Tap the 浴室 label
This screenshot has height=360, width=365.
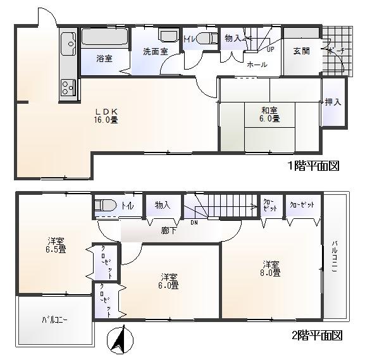104,58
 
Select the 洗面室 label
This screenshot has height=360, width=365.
155,51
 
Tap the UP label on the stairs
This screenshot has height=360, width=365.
270,49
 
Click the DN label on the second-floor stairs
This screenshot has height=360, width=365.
194,222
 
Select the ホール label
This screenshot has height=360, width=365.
256,64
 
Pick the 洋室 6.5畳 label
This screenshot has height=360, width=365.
56,245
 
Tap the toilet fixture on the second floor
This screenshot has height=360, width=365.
105,205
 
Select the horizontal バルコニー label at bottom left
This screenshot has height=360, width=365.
55,320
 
